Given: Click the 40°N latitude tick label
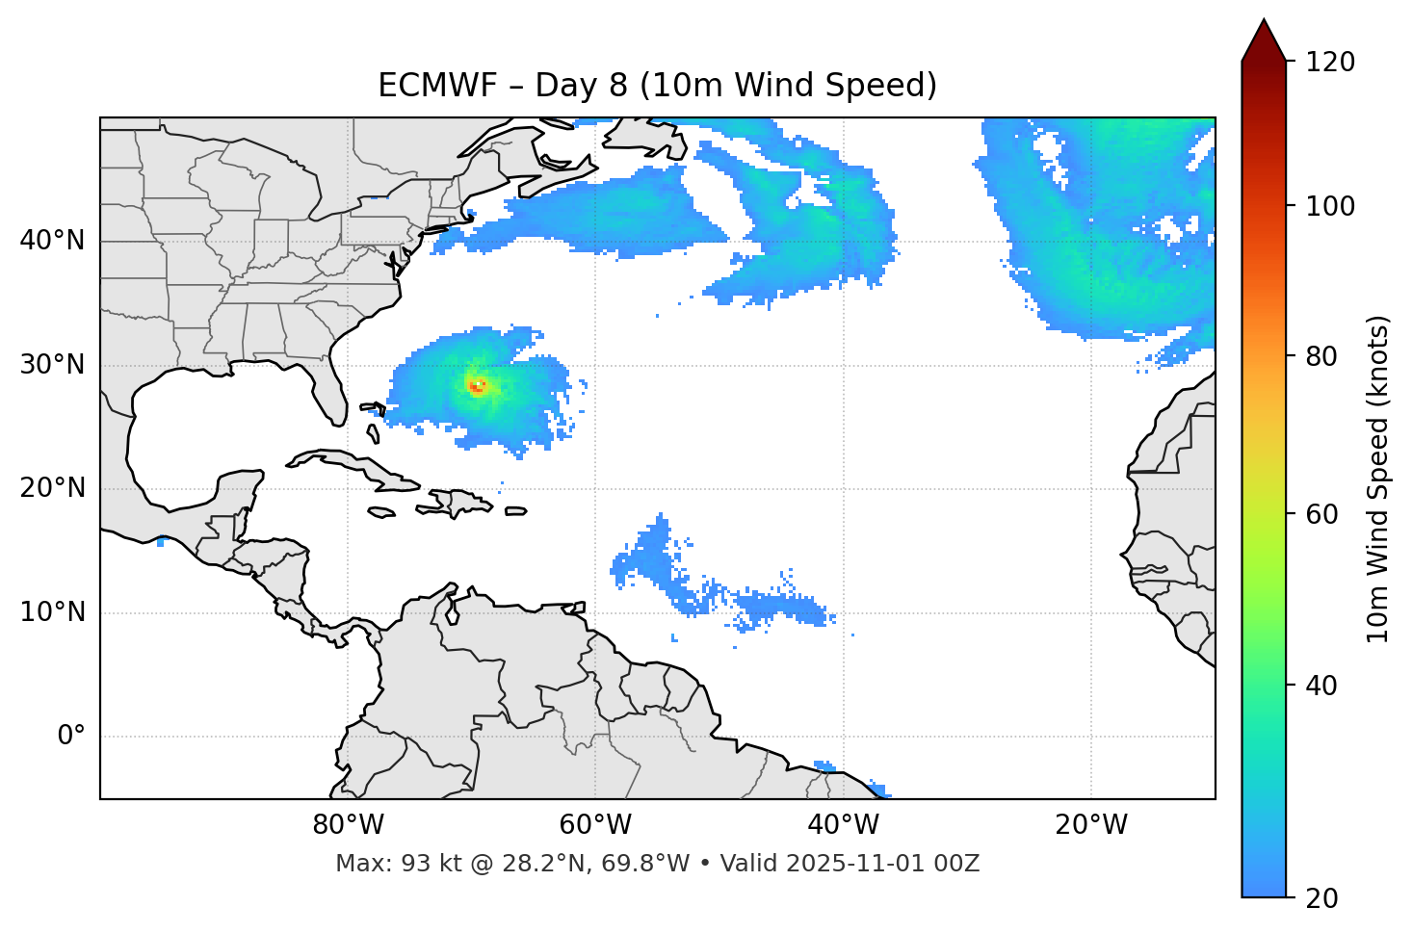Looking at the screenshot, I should pos(52,240).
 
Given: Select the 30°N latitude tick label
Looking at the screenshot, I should pos(52,365).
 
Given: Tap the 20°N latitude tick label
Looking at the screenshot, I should pos(52,488).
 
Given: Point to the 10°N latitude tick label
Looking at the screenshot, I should pos(52,612).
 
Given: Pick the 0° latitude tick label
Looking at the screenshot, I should pos(71,737).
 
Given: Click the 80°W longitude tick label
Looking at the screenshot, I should pos(348,825).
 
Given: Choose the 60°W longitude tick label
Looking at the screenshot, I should pos(595,825).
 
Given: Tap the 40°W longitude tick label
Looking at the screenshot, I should pos(844,825).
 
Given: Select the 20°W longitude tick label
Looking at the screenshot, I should pos(1091,825).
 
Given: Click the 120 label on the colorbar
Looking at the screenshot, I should pos(1329,63).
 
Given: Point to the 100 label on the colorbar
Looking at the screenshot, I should pos(1329,206).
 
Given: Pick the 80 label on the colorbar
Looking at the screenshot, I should pos(1321,356).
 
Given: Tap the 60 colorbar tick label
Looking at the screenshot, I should pos(1321,514).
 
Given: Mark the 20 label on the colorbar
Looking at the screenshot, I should pos(1321,898).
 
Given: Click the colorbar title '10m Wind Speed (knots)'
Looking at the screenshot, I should pos(1378,479).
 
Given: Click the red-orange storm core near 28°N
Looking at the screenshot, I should pos(476,386).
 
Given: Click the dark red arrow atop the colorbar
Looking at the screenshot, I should pos(1264,41).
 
